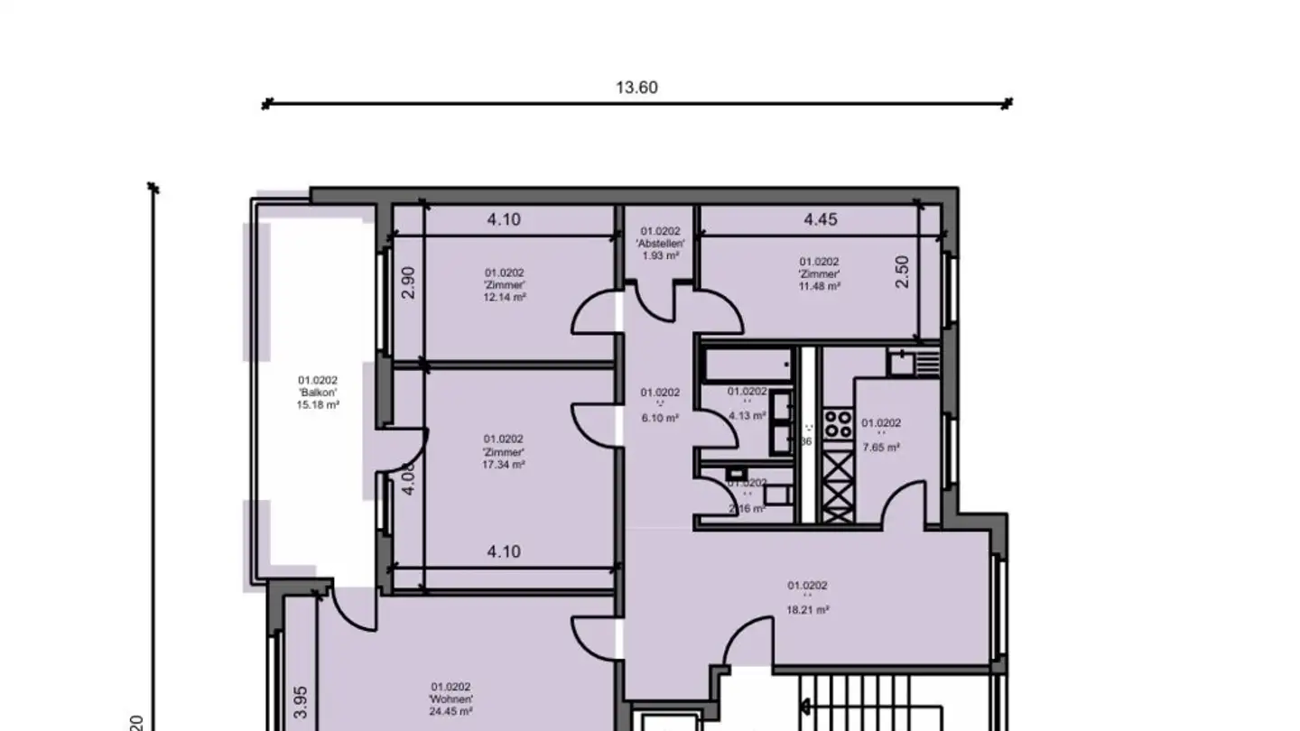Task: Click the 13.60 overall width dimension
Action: pyautogui.click(x=636, y=88)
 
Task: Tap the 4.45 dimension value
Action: pyautogui.click(x=821, y=219)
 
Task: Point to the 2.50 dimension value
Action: pyautogui.click(x=901, y=272)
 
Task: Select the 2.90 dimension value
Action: pyautogui.click(x=408, y=282)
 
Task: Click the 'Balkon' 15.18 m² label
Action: pyautogui.click(x=318, y=393)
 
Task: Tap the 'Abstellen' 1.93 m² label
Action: pyautogui.click(x=660, y=244)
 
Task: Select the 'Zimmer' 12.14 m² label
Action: pyautogui.click(x=505, y=284)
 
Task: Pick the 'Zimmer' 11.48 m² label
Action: pyautogui.click(x=819, y=273)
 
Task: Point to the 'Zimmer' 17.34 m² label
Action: pyautogui.click(x=504, y=451)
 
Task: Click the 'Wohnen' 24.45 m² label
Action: pyautogui.click(x=450, y=699)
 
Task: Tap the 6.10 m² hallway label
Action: pyautogui.click(x=660, y=404)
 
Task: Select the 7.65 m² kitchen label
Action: pyautogui.click(x=880, y=435)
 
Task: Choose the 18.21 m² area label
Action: pyautogui.click(x=807, y=597)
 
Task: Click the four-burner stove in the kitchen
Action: pyautogui.click(x=838, y=424)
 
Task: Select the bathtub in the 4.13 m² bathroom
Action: pyautogui.click(x=747, y=365)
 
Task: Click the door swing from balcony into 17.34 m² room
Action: pyautogui.click(x=407, y=449)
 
